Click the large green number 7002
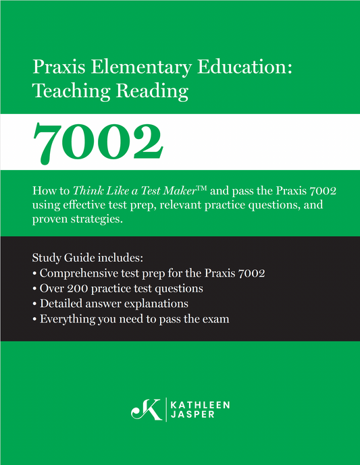[98, 141]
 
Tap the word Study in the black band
[47, 258]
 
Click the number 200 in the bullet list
[79, 288]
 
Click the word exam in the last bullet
[215, 318]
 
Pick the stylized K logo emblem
[147, 409]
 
